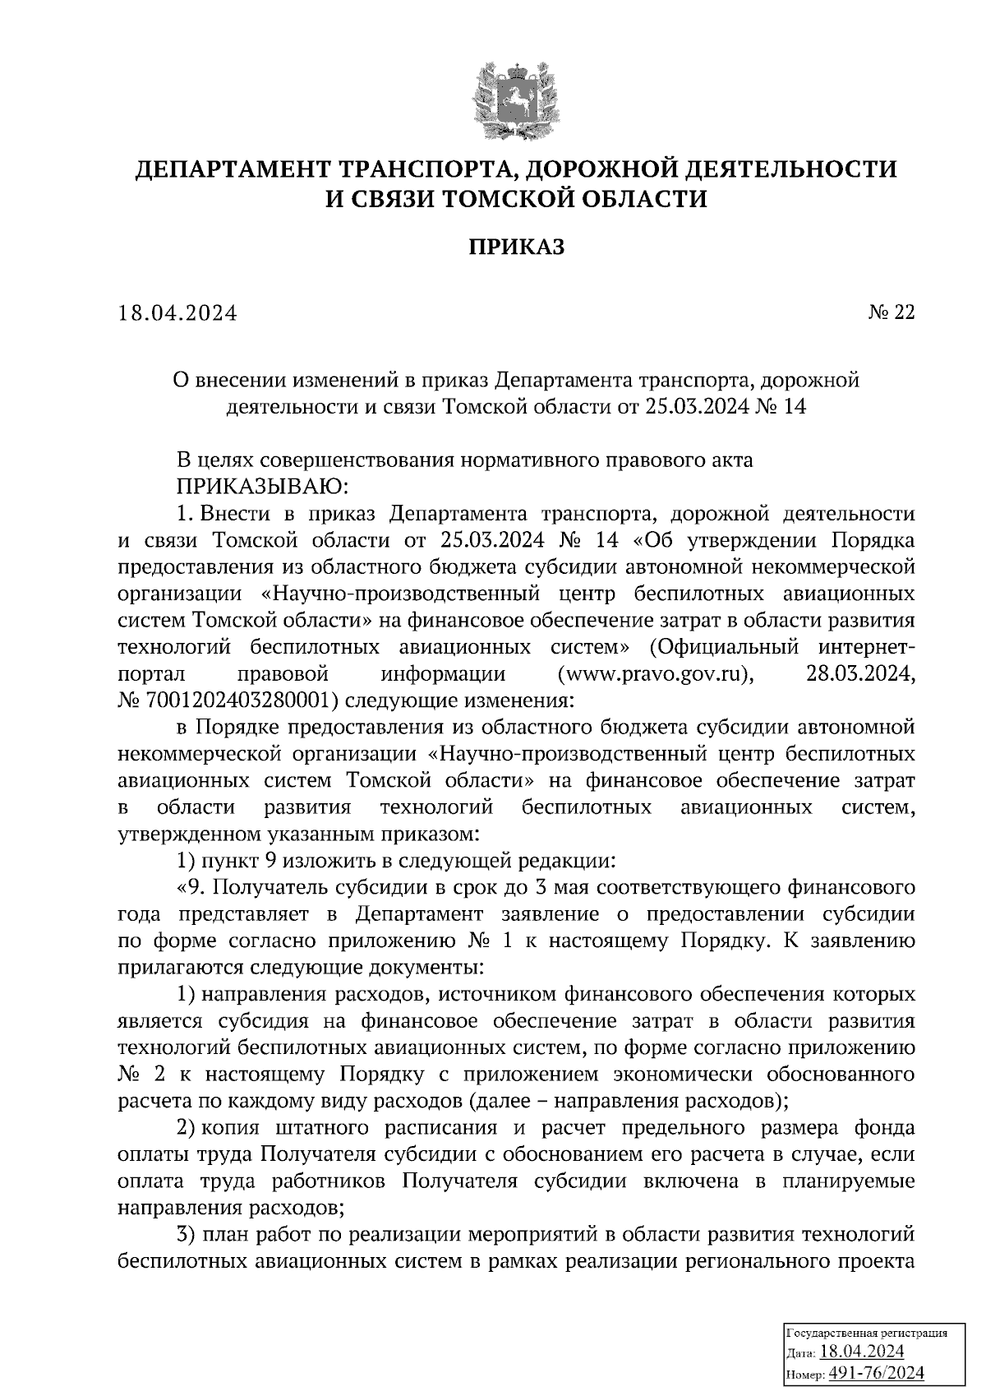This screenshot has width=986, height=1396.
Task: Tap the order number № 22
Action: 891,312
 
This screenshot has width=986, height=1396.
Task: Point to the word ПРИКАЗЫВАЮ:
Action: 263,487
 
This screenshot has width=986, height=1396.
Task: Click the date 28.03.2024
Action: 855,674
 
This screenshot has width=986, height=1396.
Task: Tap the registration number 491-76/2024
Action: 877,1372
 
